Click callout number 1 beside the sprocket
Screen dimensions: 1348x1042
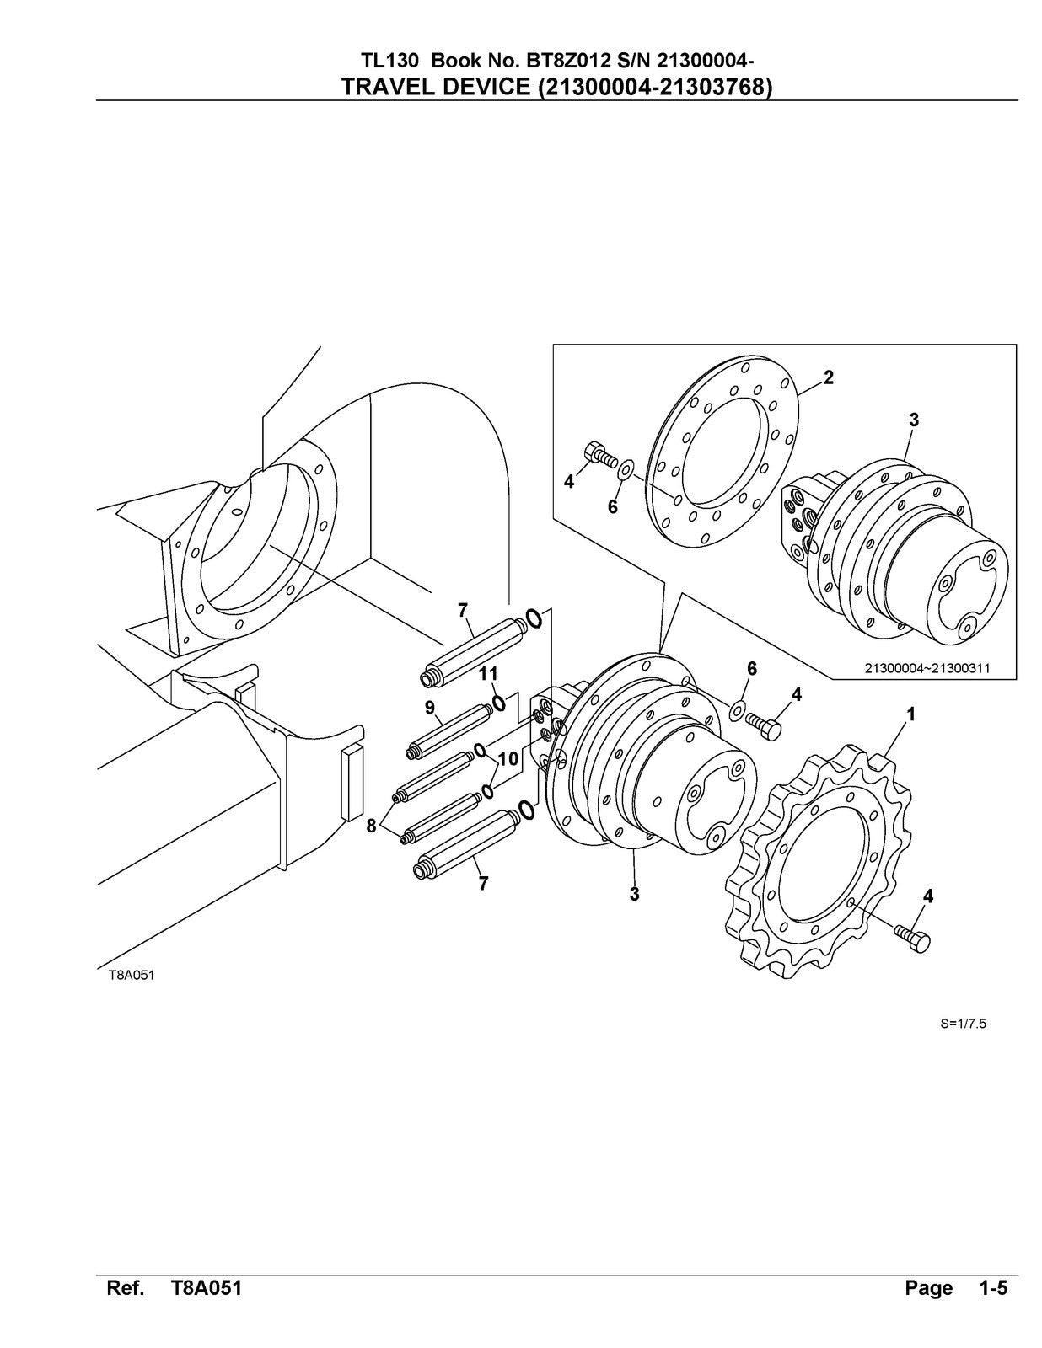coord(910,714)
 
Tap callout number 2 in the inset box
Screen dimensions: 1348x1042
coord(829,377)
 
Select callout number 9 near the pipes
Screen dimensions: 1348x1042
coord(429,708)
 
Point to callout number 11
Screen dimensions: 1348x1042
coord(489,673)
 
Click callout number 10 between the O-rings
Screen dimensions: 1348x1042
coord(508,759)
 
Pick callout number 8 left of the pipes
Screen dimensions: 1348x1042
coord(371,826)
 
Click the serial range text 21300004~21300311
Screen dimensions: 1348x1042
coord(927,668)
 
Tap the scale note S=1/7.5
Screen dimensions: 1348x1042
coord(963,1024)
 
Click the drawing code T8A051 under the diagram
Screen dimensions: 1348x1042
coord(131,976)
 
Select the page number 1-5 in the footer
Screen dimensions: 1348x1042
coord(993,1288)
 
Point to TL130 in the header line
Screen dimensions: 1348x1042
coord(384,61)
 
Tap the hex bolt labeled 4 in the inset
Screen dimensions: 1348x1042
coord(599,456)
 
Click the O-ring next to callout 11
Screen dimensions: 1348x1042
coord(499,702)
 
